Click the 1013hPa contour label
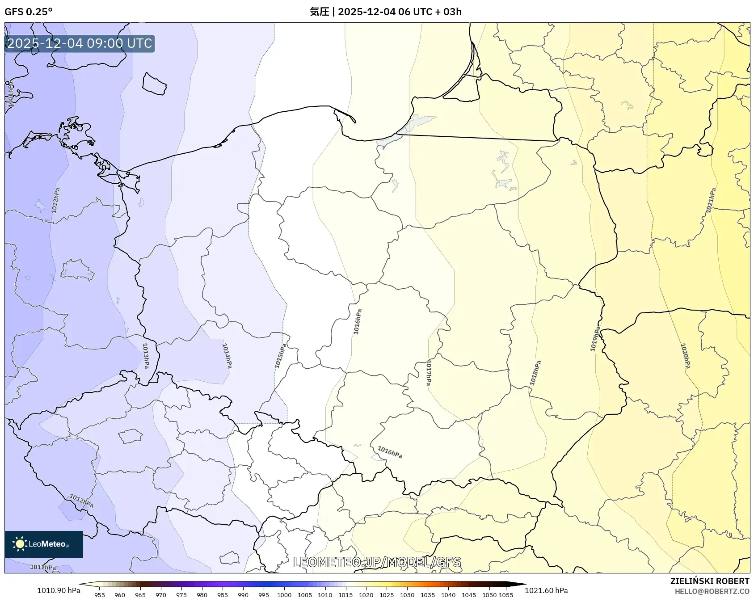[146, 356]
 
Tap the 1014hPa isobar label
[227, 356]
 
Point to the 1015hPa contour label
[280, 357]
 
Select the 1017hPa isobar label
[429, 372]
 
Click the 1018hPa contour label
[535, 373]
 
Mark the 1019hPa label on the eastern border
[595, 339]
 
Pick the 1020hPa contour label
[685, 356]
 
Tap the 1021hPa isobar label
[711, 200]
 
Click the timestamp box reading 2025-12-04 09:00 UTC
[80, 43]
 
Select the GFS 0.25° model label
[29, 12]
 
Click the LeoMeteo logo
[44, 544]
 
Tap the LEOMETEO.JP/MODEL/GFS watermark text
[377, 562]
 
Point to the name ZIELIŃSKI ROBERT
[709, 581]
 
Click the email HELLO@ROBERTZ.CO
[712, 591]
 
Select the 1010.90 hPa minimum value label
[59, 590]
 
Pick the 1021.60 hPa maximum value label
[546, 590]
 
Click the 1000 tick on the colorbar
[284, 595]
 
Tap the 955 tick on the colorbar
[100, 595]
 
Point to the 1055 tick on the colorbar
[506, 595]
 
